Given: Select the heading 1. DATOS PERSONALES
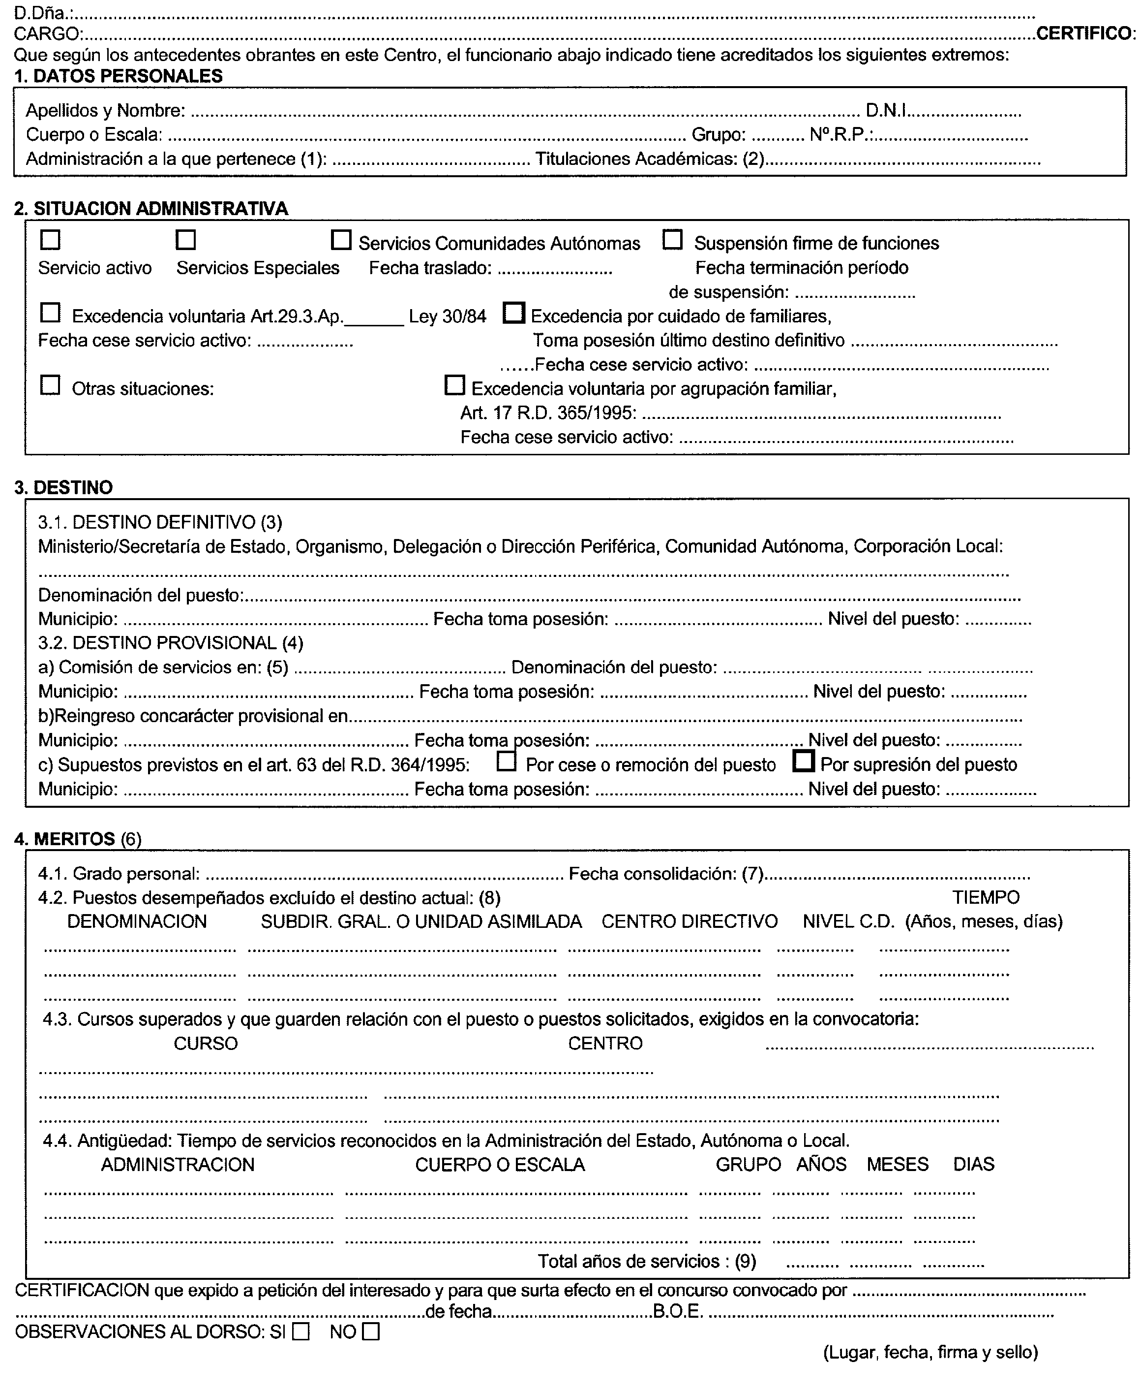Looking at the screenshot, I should (x=118, y=76).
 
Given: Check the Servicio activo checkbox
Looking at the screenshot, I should (x=51, y=240).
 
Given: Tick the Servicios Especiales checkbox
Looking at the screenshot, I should (x=186, y=240).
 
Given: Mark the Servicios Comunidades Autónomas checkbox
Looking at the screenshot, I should (x=341, y=240).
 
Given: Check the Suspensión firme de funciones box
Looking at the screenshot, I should (x=672, y=240).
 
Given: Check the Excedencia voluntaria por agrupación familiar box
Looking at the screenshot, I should (x=454, y=385).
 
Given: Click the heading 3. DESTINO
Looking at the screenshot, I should (x=64, y=487).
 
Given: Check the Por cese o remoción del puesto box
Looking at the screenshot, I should (x=506, y=761).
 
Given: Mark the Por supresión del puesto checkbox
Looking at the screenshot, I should (x=803, y=761).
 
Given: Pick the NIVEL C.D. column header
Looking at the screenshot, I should (x=848, y=922).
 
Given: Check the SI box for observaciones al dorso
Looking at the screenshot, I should (x=301, y=1332).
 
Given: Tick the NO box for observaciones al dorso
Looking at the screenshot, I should (x=371, y=1332).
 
